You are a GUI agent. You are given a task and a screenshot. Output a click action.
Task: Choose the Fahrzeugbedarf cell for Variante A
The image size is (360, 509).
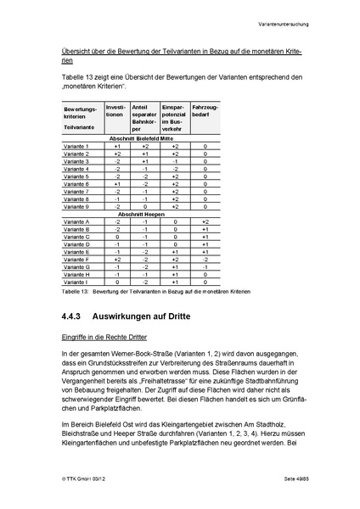click(205, 221)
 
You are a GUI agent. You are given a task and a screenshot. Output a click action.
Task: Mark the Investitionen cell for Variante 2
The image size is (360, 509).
click(117, 154)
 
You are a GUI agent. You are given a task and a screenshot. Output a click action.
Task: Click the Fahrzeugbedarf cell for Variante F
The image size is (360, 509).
click(205, 259)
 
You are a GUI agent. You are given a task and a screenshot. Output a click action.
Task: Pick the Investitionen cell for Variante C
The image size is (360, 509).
click(117, 237)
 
